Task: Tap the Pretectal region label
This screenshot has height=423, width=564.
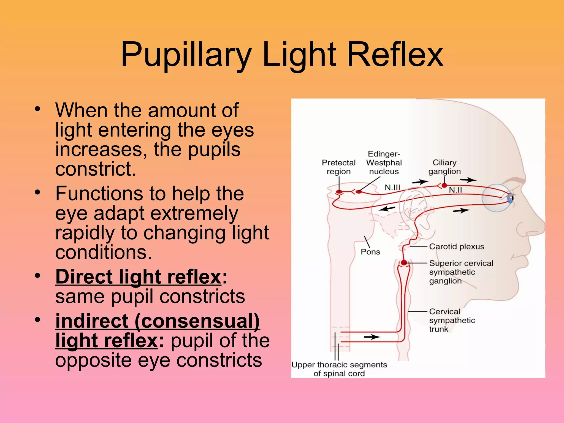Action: [x=338, y=167]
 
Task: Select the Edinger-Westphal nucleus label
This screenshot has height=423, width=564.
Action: [x=384, y=163]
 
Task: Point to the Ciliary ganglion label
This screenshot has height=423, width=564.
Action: [x=444, y=167]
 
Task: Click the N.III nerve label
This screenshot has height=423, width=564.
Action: [x=392, y=188]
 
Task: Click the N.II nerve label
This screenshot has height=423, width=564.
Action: [x=455, y=190]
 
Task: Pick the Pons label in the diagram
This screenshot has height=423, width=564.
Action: [x=370, y=252]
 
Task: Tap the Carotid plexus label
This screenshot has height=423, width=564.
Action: [x=456, y=246]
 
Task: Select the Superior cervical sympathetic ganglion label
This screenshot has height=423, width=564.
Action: [x=461, y=272]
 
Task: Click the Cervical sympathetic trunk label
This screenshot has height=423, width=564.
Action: [x=452, y=320]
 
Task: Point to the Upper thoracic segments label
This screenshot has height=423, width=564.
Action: [x=339, y=369]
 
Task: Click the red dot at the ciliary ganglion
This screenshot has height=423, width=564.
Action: [x=444, y=186]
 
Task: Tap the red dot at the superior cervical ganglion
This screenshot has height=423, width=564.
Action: [x=404, y=263]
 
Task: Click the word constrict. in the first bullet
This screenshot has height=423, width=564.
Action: [x=96, y=169]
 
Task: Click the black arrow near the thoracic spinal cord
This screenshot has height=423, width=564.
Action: [x=372, y=337]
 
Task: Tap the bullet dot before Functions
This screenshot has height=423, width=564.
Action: [x=38, y=192]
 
